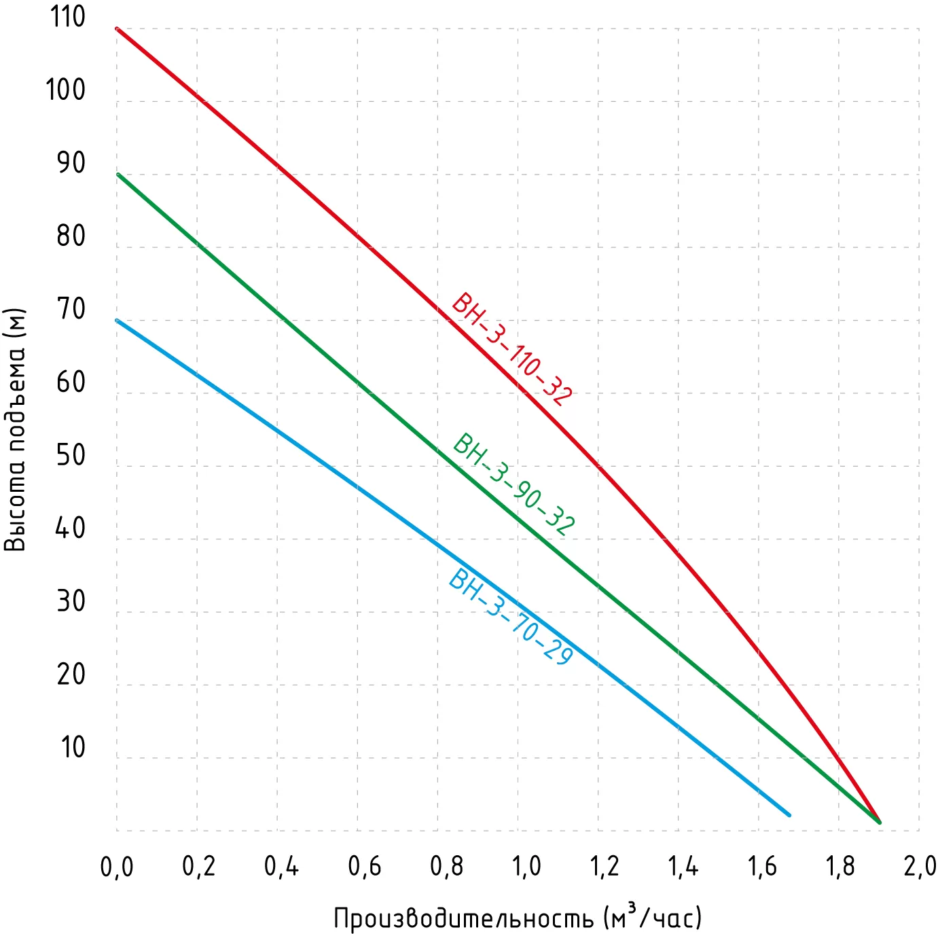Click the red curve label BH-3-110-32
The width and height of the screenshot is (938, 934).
pyautogui.click(x=512, y=349)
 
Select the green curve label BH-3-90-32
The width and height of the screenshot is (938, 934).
pyautogui.click(x=514, y=484)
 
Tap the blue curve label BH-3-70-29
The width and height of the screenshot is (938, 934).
pyautogui.click(x=511, y=617)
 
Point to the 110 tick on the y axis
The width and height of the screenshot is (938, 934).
pyautogui.click(x=68, y=17)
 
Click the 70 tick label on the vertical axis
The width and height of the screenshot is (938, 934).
pyautogui.click(x=71, y=309)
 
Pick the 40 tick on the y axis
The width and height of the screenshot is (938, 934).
pyautogui.click(x=71, y=528)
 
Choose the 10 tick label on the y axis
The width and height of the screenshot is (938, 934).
pyautogui.click(x=73, y=747)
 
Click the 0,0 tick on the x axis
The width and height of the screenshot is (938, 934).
pyautogui.click(x=117, y=867)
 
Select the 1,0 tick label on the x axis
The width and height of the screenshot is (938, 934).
pyautogui.click(x=526, y=867)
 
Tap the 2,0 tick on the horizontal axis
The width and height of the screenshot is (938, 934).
pyautogui.click(x=920, y=867)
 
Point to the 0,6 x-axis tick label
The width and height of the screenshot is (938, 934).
pyautogui.click(x=365, y=867)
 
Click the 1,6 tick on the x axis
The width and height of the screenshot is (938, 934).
pyautogui.click(x=762, y=867)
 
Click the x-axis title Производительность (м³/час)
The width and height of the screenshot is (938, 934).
pyautogui.click(x=517, y=917)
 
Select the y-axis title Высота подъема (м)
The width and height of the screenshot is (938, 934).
pyautogui.click(x=15, y=429)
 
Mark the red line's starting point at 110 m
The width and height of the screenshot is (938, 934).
pyautogui.click(x=118, y=29)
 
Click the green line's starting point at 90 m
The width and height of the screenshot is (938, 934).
pyautogui.click(x=118, y=175)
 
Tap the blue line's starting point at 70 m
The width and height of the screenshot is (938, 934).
pyautogui.click(x=118, y=321)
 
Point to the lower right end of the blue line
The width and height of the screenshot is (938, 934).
pyautogui.click(x=789, y=814)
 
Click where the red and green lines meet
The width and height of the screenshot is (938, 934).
pyautogui.click(x=879, y=822)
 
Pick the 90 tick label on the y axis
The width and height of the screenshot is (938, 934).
pyautogui.click(x=71, y=163)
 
